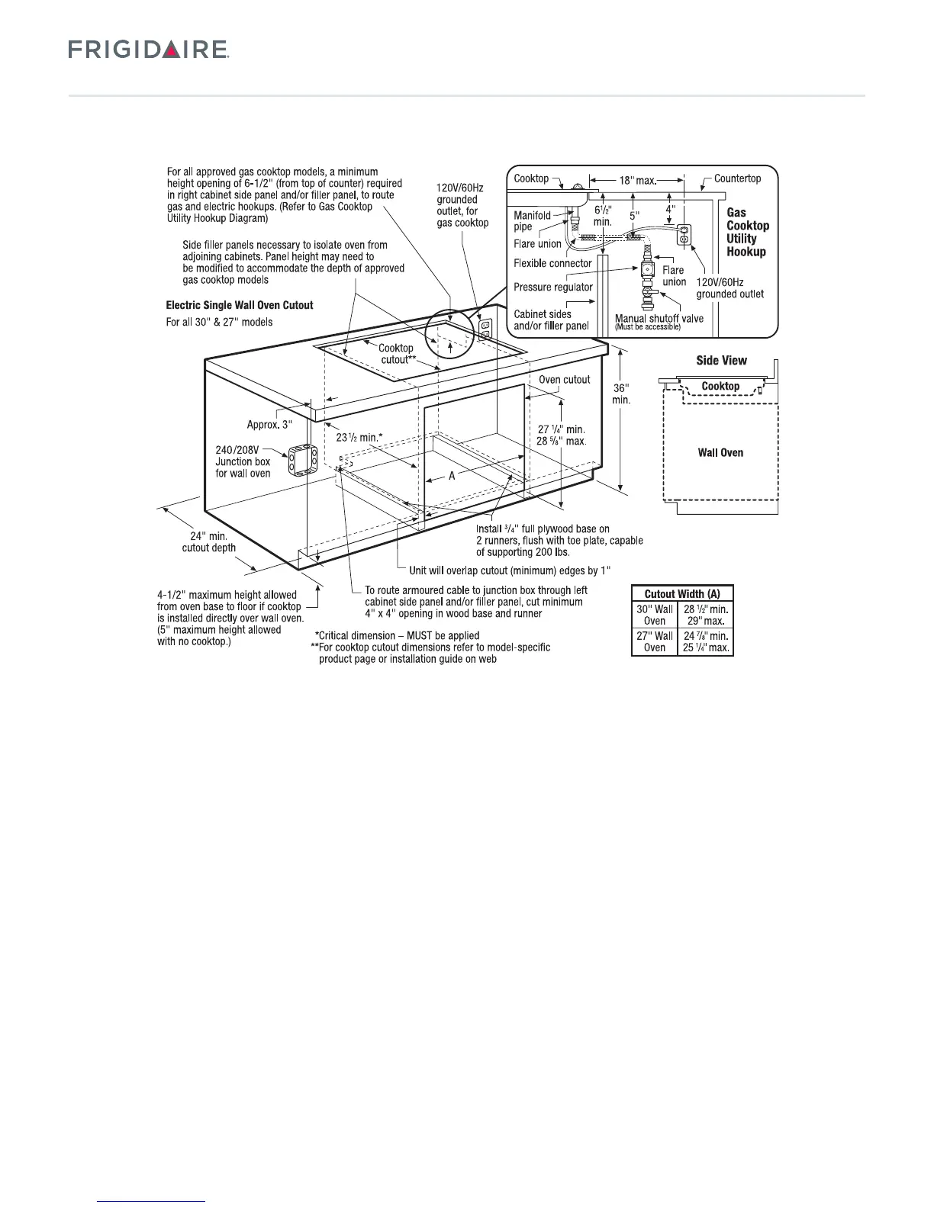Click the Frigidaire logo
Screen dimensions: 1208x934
(149, 50)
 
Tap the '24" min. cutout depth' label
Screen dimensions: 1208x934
(208, 541)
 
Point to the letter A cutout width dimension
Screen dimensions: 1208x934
(451, 476)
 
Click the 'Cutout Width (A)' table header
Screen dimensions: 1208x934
(682, 593)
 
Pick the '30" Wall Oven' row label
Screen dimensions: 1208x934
(655, 615)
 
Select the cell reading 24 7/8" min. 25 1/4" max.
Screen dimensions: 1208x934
(706, 641)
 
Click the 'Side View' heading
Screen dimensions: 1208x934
(721, 361)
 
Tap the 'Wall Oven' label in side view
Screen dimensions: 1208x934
(720, 453)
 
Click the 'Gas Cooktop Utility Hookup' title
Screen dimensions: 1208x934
(747, 232)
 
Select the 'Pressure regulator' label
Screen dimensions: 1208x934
(552, 288)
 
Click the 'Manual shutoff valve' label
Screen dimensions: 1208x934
(659, 318)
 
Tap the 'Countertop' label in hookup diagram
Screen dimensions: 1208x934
(737, 178)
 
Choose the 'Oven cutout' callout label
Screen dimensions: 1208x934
(564, 380)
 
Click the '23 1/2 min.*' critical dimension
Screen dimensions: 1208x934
(359, 438)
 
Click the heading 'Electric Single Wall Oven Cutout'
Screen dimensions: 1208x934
(240, 305)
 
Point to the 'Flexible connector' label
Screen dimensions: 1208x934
(552, 263)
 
